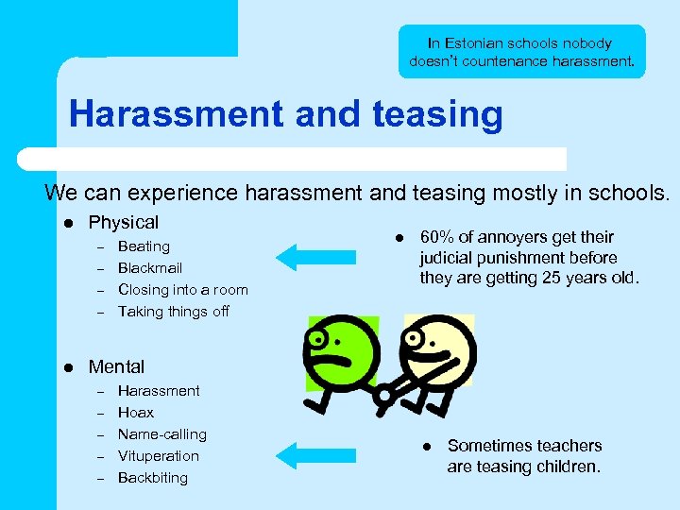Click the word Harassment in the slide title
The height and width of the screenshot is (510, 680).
(177, 115)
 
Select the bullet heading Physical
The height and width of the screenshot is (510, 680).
(123, 223)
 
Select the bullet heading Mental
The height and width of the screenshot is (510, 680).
(116, 367)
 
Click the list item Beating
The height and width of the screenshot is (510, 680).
(144, 246)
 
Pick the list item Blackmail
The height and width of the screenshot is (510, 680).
(149, 268)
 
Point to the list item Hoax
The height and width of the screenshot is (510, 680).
(135, 413)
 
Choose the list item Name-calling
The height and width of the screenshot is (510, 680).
(161, 434)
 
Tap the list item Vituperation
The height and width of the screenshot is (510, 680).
(158, 456)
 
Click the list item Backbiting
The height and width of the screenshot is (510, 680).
(152, 478)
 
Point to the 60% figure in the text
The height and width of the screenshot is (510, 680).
(436, 237)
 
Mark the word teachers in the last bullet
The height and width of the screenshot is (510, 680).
(563, 446)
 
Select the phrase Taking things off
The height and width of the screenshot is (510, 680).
(173, 312)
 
